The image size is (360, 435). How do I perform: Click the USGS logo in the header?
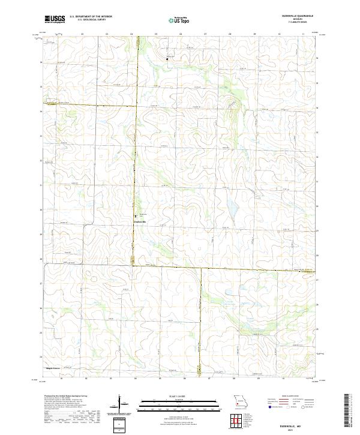(x=55, y=19)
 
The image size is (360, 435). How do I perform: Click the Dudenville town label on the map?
(x=139, y=221)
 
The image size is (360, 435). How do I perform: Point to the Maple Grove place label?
(x=53, y=368)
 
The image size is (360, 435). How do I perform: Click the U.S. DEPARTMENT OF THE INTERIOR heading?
(x=91, y=16)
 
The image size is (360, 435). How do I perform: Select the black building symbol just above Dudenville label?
(x=136, y=216)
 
